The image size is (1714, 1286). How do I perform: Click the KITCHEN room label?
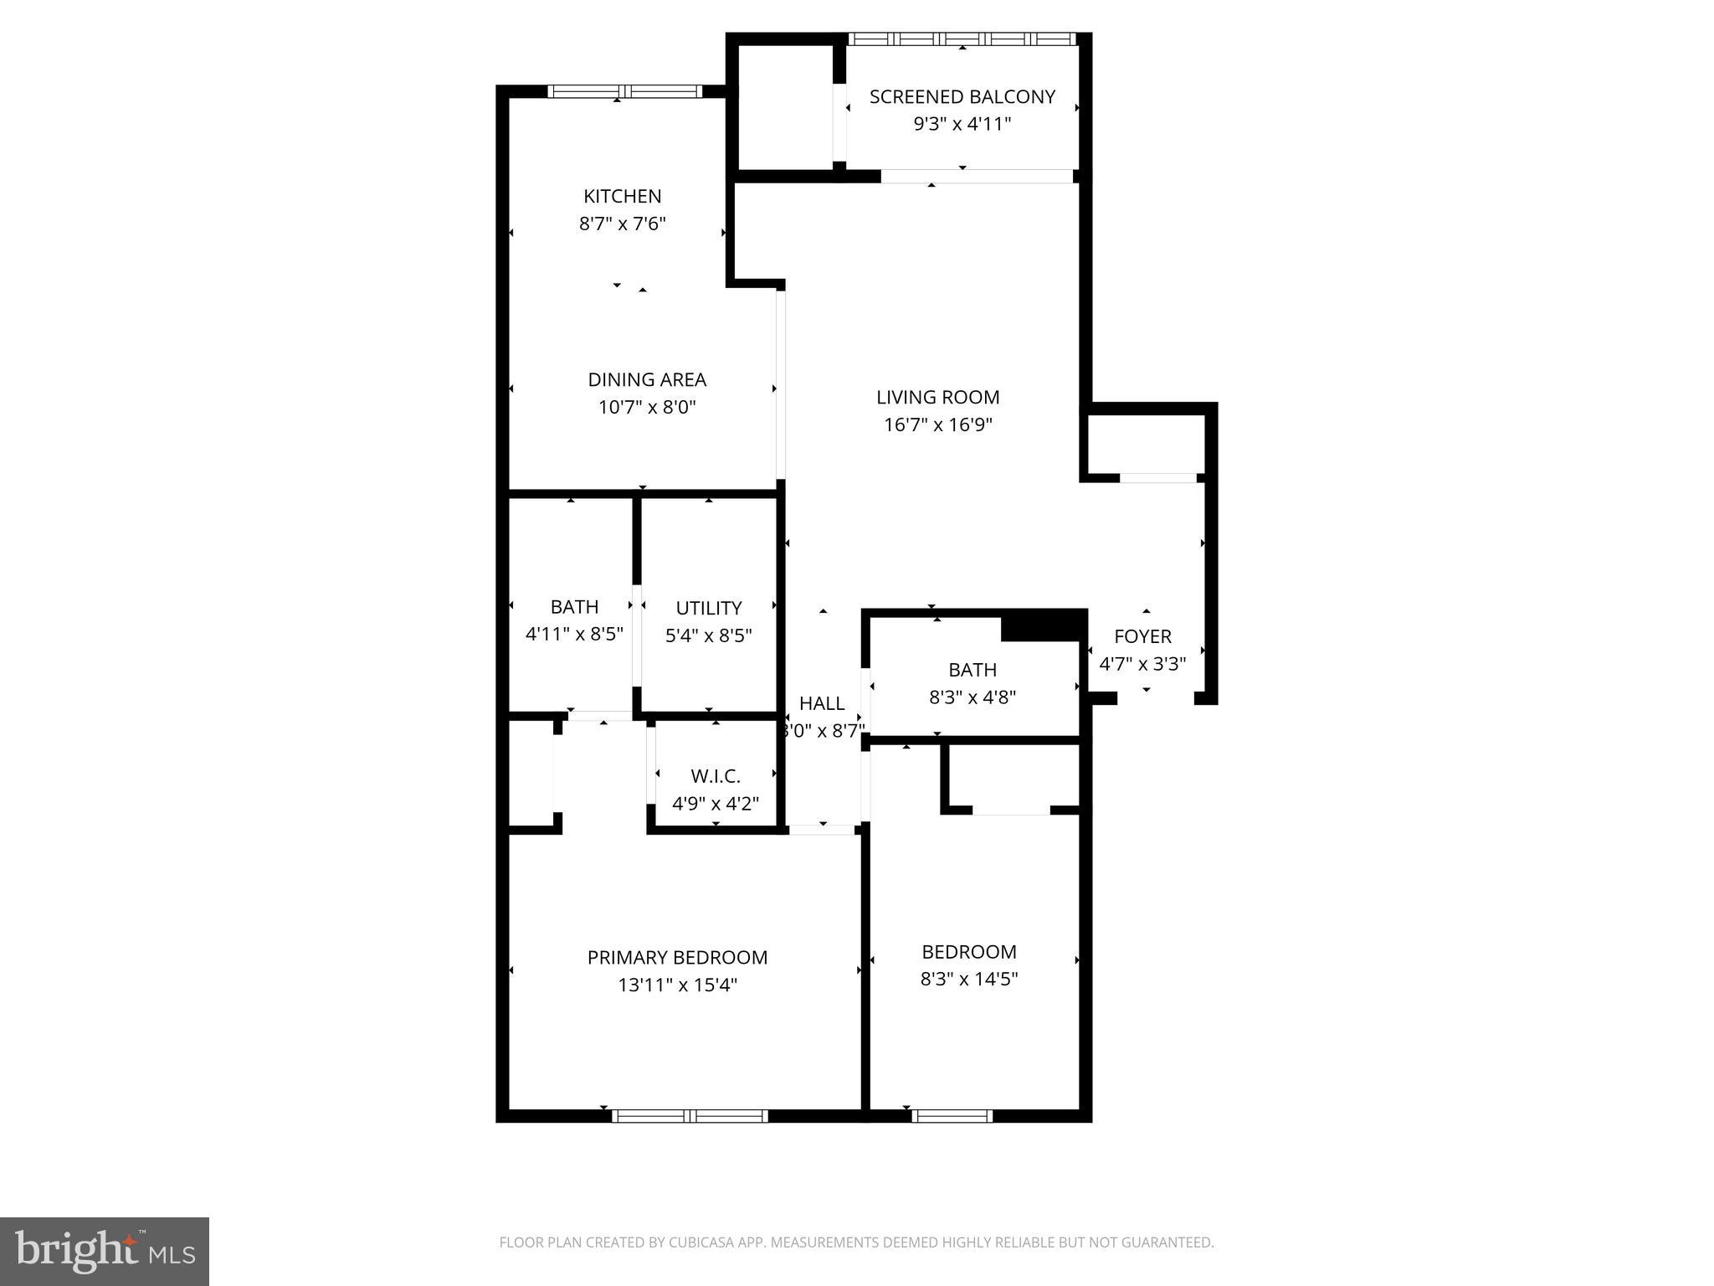pos(622,196)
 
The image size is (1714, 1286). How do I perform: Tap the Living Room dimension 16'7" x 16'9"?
pos(937,424)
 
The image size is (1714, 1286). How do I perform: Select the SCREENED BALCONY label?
pos(962,97)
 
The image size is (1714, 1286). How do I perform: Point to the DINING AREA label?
pos(647,379)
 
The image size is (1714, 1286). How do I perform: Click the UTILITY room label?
pos(708,608)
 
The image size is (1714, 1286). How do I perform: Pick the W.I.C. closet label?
pos(716,776)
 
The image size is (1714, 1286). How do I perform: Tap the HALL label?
pos(821,703)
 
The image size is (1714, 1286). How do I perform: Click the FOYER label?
pos(1142,636)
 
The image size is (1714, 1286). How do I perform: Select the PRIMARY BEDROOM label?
pos(677,957)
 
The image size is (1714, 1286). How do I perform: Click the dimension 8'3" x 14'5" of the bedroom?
pos(968,979)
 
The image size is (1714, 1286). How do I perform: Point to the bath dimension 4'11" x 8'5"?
pos(574,634)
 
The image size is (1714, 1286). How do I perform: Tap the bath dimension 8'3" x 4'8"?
pos(972,697)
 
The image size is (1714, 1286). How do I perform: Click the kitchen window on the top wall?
pos(624,92)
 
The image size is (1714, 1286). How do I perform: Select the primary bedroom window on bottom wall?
pos(690,1115)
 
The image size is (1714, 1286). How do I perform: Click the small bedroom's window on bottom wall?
pos(952,1115)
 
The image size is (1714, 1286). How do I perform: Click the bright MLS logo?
pos(105,1252)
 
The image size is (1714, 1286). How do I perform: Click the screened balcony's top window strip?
pos(962,39)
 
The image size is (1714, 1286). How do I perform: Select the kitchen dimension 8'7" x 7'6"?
pos(622,224)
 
